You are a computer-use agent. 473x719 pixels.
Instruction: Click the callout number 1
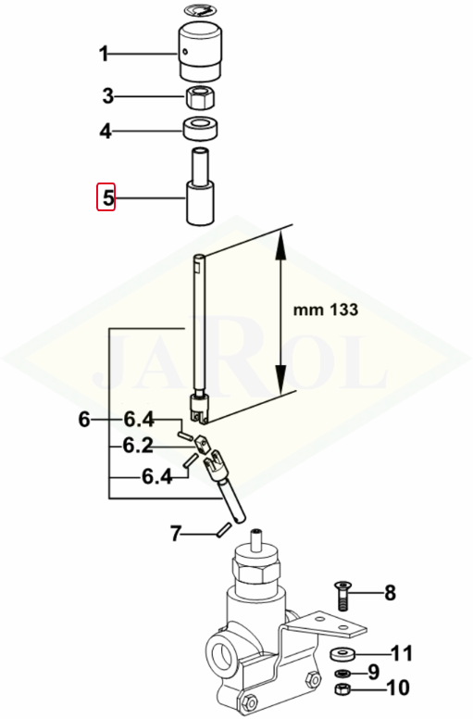(x=104, y=54)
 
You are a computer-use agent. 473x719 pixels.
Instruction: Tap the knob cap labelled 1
(x=200, y=50)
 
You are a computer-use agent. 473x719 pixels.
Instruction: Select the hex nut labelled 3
(x=201, y=97)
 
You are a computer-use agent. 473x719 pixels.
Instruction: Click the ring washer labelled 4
(x=201, y=129)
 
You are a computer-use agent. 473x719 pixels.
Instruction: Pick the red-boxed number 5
(x=106, y=197)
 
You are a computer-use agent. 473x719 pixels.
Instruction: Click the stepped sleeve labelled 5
(x=200, y=186)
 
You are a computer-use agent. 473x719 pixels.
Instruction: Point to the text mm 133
(x=326, y=310)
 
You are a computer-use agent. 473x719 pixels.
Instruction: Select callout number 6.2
(x=138, y=446)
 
